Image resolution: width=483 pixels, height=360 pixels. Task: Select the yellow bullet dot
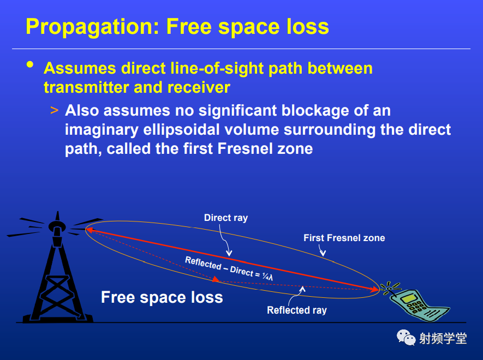click(x=30, y=64)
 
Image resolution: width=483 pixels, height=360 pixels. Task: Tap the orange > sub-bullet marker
click(x=54, y=110)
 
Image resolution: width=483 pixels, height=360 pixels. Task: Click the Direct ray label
click(x=226, y=218)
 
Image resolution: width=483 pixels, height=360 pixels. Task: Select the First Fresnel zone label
click(x=344, y=238)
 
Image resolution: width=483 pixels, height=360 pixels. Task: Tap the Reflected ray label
click(x=297, y=310)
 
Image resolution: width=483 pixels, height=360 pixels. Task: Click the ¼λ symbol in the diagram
click(x=267, y=277)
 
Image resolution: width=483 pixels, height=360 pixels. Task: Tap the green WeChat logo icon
click(x=406, y=338)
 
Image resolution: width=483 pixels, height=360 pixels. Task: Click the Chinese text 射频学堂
click(x=443, y=338)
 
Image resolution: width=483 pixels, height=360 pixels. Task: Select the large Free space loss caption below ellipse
click(x=162, y=297)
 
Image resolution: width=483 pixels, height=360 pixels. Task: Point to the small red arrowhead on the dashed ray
click(x=216, y=279)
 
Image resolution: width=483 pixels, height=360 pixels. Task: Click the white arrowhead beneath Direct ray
click(x=229, y=253)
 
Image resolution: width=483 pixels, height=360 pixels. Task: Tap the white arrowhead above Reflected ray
click(x=302, y=289)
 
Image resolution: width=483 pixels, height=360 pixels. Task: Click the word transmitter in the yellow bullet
click(x=87, y=87)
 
